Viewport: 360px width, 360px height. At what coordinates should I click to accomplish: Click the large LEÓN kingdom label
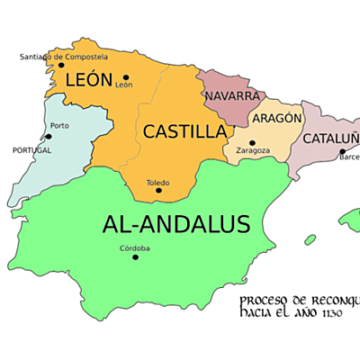[x=88, y=80]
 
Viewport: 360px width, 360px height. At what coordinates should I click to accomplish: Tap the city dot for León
[x=125, y=77]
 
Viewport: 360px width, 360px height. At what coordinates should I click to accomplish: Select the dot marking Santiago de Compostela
[x=61, y=65]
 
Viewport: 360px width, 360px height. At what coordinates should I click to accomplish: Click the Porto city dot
[x=48, y=137]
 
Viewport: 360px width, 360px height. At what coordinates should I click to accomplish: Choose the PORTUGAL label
[x=31, y=150]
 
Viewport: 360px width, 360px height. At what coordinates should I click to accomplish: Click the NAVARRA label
[x=232, y=96]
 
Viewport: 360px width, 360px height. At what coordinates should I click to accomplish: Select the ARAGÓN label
[x=276, y=119]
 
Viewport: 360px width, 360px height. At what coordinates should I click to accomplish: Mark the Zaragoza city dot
[x=252, y=142]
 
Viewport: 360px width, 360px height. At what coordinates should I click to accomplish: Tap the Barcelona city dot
[x=342, y=150]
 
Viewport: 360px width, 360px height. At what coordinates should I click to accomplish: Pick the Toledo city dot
[x=158, y=190]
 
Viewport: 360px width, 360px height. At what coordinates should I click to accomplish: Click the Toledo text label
[x=158, y=181]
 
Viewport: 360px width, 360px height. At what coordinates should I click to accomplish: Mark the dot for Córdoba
[x=136, y=257]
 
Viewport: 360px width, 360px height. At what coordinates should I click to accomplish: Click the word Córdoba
[x=135, y=248]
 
